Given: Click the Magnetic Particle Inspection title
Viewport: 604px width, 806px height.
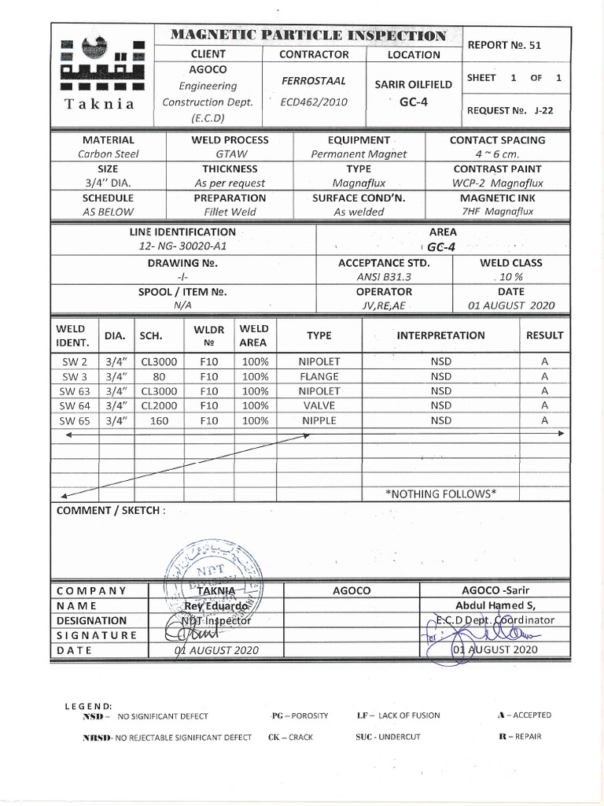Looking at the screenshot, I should [x=309, y=35].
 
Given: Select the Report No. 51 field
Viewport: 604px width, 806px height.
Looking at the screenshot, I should [x=504, y=46].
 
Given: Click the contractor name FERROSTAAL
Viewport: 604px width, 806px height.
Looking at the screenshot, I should [x=314, y=81].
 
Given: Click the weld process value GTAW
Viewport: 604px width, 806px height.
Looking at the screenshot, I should [x=230, y=154].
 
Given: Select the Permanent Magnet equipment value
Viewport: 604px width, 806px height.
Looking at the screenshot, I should [x=359, y=154].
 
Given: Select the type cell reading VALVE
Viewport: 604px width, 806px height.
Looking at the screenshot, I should [x=319, y=405].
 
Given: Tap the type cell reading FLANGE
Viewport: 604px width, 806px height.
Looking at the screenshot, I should [x=319, y=376].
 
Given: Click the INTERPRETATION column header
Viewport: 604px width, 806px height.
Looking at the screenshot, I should [x=440, y=335].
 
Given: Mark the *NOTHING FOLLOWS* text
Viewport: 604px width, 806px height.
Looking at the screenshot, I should [x=440, y=494].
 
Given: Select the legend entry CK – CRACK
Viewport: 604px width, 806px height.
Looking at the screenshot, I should [x=290, y=737].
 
